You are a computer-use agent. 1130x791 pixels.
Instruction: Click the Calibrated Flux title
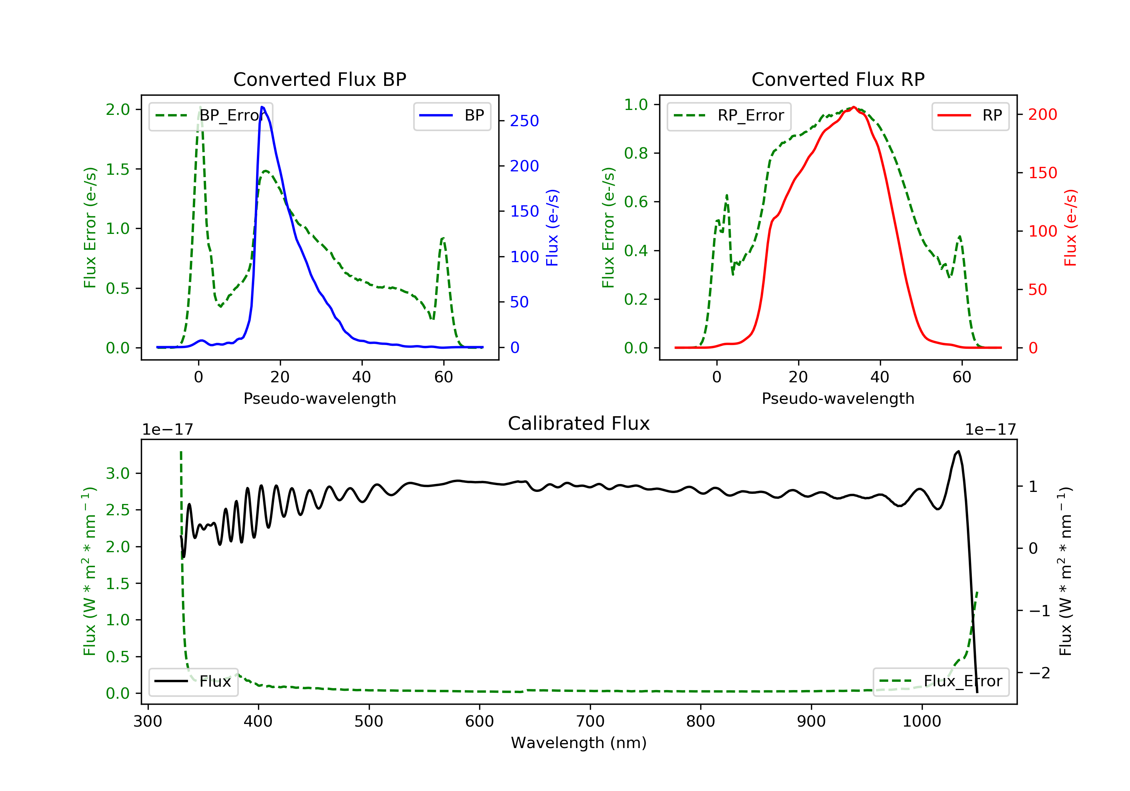[579, 424]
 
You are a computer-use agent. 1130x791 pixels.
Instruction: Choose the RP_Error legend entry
[729, 116]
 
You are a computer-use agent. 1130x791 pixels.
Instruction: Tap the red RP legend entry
[970, 116]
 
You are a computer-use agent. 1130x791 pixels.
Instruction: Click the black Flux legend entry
[193, 682]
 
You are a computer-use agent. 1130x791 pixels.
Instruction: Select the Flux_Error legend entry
[941, 682]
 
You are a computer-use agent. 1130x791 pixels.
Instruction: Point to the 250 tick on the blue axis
[524, 121]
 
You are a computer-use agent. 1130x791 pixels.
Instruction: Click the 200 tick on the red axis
[1042, 115]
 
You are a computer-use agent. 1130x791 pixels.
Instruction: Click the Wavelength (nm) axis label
[579, 743]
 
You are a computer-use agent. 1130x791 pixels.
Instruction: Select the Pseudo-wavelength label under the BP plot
[320, 399]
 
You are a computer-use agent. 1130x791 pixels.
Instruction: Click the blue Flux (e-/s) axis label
[553, 228]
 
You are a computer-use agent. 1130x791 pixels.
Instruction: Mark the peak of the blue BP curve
[262, 107]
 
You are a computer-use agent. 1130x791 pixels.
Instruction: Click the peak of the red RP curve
[854, 107]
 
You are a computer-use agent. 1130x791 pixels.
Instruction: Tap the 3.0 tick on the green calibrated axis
[118, 473]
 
